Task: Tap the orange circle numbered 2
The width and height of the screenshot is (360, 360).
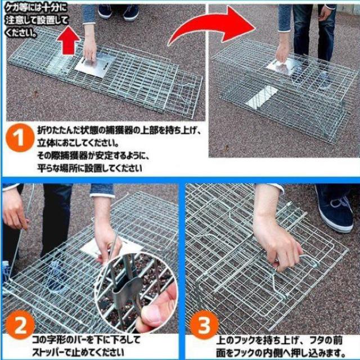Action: click(20, 325)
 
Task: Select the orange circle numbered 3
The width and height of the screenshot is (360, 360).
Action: click(204, 325)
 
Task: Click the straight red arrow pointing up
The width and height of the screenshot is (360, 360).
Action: click(68, 40)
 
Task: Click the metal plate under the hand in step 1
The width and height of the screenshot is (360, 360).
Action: click(95, 65)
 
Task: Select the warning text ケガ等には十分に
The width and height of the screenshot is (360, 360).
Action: click(36, 8)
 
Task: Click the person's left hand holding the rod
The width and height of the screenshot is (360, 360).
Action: click(14, 209)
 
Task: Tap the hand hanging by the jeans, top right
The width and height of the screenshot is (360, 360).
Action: click(325, 13)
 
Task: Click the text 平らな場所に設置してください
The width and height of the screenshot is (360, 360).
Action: click(90, 168)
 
